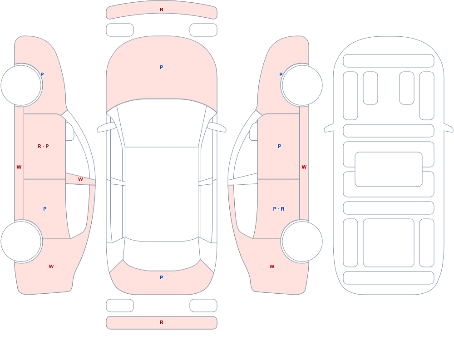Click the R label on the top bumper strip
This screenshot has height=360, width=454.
pos(162,10)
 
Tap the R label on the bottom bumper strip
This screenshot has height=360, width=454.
pos(162,322)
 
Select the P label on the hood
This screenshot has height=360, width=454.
pos(162,67)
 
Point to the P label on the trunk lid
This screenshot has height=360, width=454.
pos(162,277)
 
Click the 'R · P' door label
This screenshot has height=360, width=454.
pos(43,146)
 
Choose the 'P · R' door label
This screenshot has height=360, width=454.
pos(279,209)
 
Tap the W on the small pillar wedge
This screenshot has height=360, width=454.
pos(80,180)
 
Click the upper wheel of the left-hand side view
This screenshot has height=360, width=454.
pos(21,85)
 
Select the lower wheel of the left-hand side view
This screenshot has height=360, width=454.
pos(21,241)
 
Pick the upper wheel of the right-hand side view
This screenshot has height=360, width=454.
pos(302,85)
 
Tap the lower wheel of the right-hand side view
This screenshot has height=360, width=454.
pos(302,241)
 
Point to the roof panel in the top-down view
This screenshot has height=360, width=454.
pos(162,194)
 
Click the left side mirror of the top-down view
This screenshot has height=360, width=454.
pos(106,128)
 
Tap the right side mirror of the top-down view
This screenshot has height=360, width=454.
pos(217,128)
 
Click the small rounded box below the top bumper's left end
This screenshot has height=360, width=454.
pos(120,30)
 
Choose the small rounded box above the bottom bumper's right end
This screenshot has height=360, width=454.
pos(203,306)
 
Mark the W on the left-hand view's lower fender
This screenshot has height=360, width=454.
pos(51,266)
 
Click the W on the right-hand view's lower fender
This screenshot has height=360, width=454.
pos(272,266)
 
